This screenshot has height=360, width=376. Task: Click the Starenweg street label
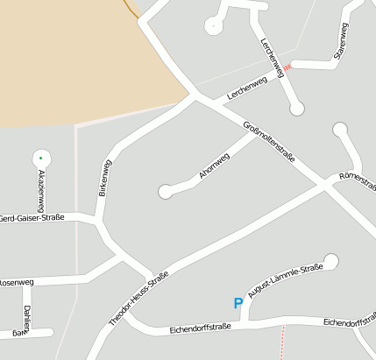[x=342, y=41]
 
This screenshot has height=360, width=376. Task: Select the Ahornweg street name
[x=214, y=166]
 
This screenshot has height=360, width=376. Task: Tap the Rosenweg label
[x=16, y=282]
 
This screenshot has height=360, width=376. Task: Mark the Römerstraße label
[x=357, y=180]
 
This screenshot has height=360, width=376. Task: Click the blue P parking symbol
[x=238, y=303]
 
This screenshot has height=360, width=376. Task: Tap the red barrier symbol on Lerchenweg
[x=287, y=67]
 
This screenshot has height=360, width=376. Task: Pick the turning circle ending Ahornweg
[x=165, y=191]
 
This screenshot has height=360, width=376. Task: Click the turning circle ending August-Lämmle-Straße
[x=330, y=260]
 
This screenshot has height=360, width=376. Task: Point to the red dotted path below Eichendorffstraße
[x=282, y=343]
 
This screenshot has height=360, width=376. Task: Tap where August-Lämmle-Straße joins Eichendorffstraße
[x=242, y=324]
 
